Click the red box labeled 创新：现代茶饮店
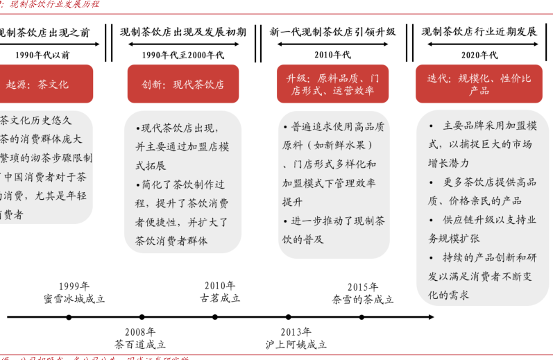coord(183,84)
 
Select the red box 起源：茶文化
coord(38,84)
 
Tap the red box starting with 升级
coord(332,84)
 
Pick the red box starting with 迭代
coord(479,84)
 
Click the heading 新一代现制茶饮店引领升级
coord(332,32)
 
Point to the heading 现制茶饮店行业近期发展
coord(479,32)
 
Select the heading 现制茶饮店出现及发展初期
coord(183,32)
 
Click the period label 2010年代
coord(332,54)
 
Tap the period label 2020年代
coord(479,54)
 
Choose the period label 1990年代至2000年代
coord(183,54)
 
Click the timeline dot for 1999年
coord(69,318)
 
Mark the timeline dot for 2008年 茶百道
coord(140,318)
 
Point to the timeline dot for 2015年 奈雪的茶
coord(361,318)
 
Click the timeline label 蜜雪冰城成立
coord(74,299)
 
